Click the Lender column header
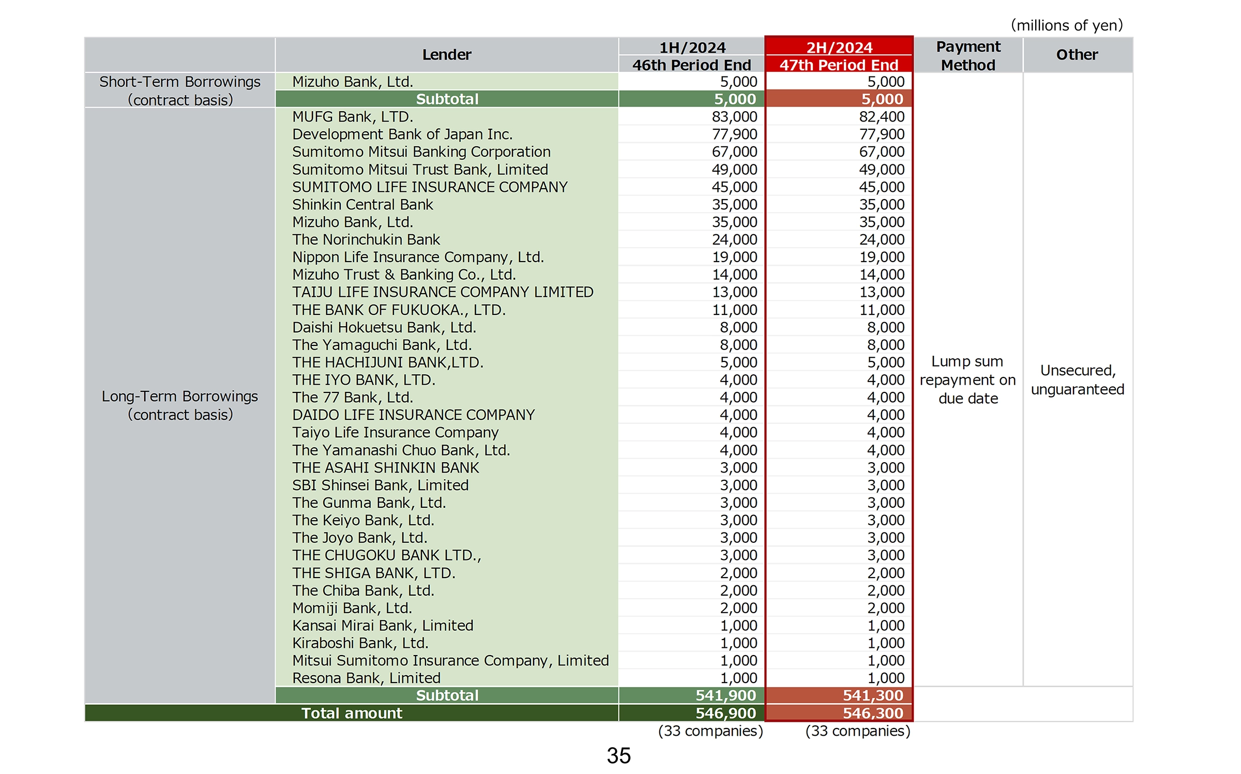447,54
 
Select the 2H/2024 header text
839,47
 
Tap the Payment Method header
968,55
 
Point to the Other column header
1077,54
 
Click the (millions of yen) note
1067,25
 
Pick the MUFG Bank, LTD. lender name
353,117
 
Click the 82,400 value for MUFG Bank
882,117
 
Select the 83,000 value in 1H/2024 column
734,117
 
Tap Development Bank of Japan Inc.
402,134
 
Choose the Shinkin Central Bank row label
362,205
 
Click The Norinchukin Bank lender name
366,240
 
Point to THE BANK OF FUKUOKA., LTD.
399,310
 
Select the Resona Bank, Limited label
366,678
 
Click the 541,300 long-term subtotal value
873,695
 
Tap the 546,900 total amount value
725,713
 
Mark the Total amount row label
352,713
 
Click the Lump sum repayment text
968,380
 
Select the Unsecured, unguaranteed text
1078,380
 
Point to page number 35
619,755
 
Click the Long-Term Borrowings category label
180,405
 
